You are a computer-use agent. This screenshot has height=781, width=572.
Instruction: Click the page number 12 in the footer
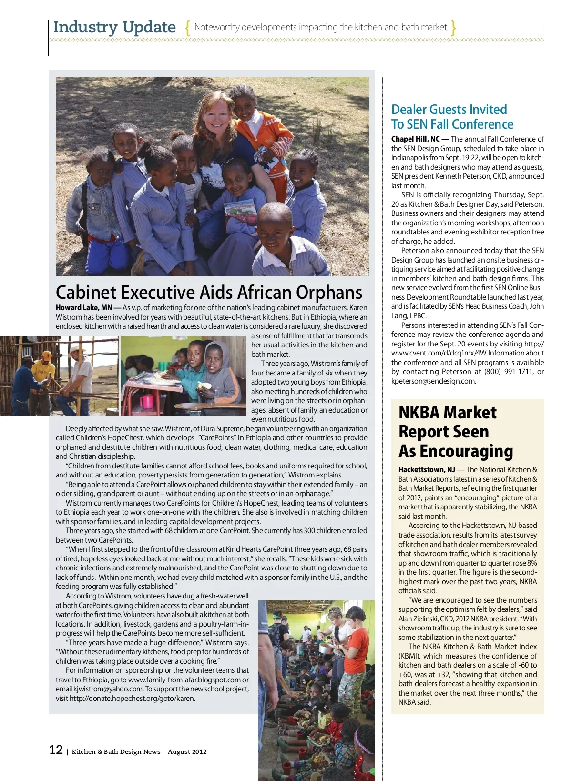coord(56,750)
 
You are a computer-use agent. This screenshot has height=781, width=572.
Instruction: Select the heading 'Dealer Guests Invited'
coord(449,109)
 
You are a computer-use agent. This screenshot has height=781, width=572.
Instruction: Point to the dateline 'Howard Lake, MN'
coord(84,308)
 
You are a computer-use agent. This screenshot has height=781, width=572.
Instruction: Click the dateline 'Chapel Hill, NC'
coord(415,139)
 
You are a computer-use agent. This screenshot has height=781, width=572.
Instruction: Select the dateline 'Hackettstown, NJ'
coord(427,469)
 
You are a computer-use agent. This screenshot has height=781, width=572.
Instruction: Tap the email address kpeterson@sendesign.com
coord(433,381)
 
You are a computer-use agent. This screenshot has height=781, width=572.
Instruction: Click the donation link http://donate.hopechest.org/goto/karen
coord(132,699)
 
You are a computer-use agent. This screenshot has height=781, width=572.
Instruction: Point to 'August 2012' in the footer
coord(187,751)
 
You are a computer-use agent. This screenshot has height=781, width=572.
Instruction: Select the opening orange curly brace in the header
coord(187,28)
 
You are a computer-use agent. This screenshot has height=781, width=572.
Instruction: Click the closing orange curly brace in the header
coord(453,28)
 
